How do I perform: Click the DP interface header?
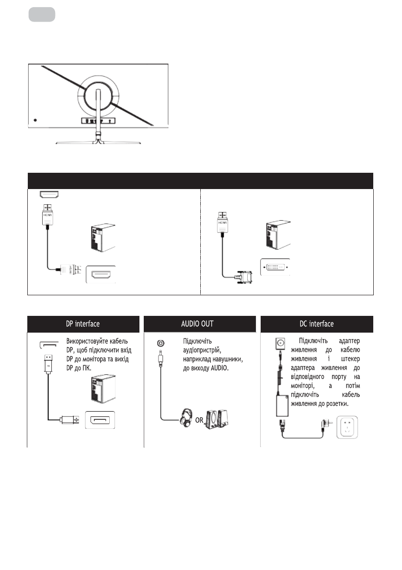pyautogui.click(x=83, y=324)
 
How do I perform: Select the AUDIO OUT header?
pyautogui.click(x=201, y=324)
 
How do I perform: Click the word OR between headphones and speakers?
pyautogui.click(x=199, y=421)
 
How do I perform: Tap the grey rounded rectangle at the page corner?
pyautogui.click(x=42, y=14)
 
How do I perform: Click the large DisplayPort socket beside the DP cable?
pyautogui.click(x=100, y=420)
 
